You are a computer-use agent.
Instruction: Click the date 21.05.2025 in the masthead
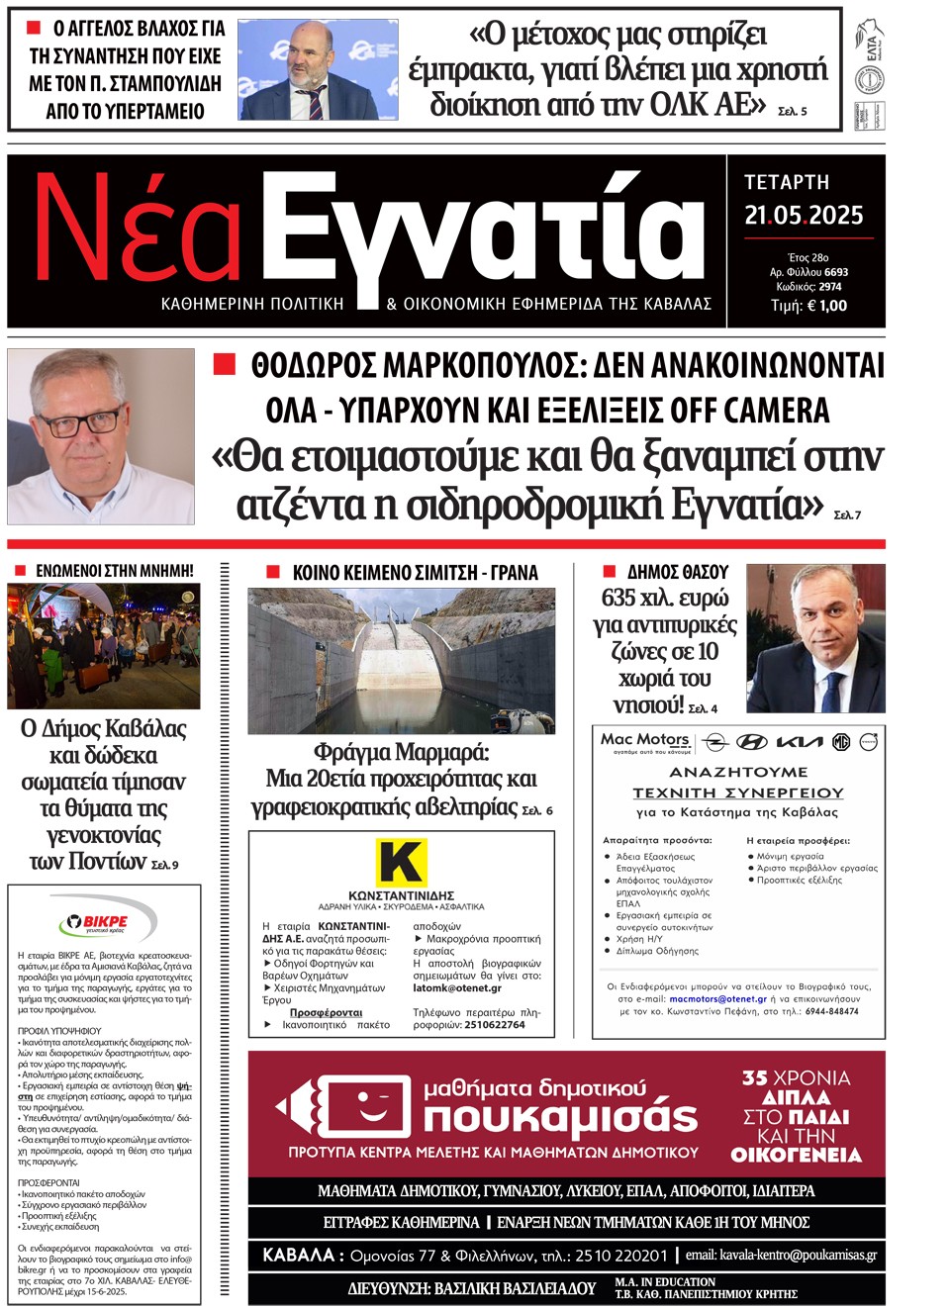(804, 215)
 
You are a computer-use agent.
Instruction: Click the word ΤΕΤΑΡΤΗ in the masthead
(787, 182)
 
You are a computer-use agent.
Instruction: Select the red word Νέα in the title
(139, 231)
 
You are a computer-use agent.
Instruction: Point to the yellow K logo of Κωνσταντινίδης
(400, 862)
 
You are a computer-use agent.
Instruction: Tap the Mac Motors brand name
(645, 739)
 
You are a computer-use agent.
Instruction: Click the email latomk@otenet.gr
(457, 988)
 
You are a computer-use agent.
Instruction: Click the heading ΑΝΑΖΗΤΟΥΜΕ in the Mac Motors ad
(738, 772)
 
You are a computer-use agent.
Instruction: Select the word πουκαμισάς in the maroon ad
(561, 1118)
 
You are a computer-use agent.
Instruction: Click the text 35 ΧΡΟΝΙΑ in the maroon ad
(796, 1077)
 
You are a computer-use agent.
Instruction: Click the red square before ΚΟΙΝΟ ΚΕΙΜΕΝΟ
(273, 572)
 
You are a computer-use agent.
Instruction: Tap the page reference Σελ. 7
(847, 514)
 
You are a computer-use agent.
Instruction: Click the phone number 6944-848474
(831, 1011)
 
